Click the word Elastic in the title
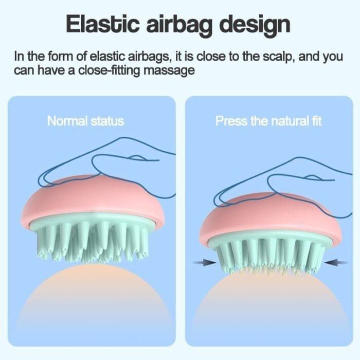coord(103,24)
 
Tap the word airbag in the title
coord(179,26)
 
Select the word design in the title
coord(255,26)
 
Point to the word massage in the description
coord(169,71)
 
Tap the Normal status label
coord(85,121)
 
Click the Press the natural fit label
coord(268,121)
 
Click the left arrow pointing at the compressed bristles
coord(205,262)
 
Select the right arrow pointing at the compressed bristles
coord(336,262)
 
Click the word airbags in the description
coord(149,57)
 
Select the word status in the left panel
coord(107,121)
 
